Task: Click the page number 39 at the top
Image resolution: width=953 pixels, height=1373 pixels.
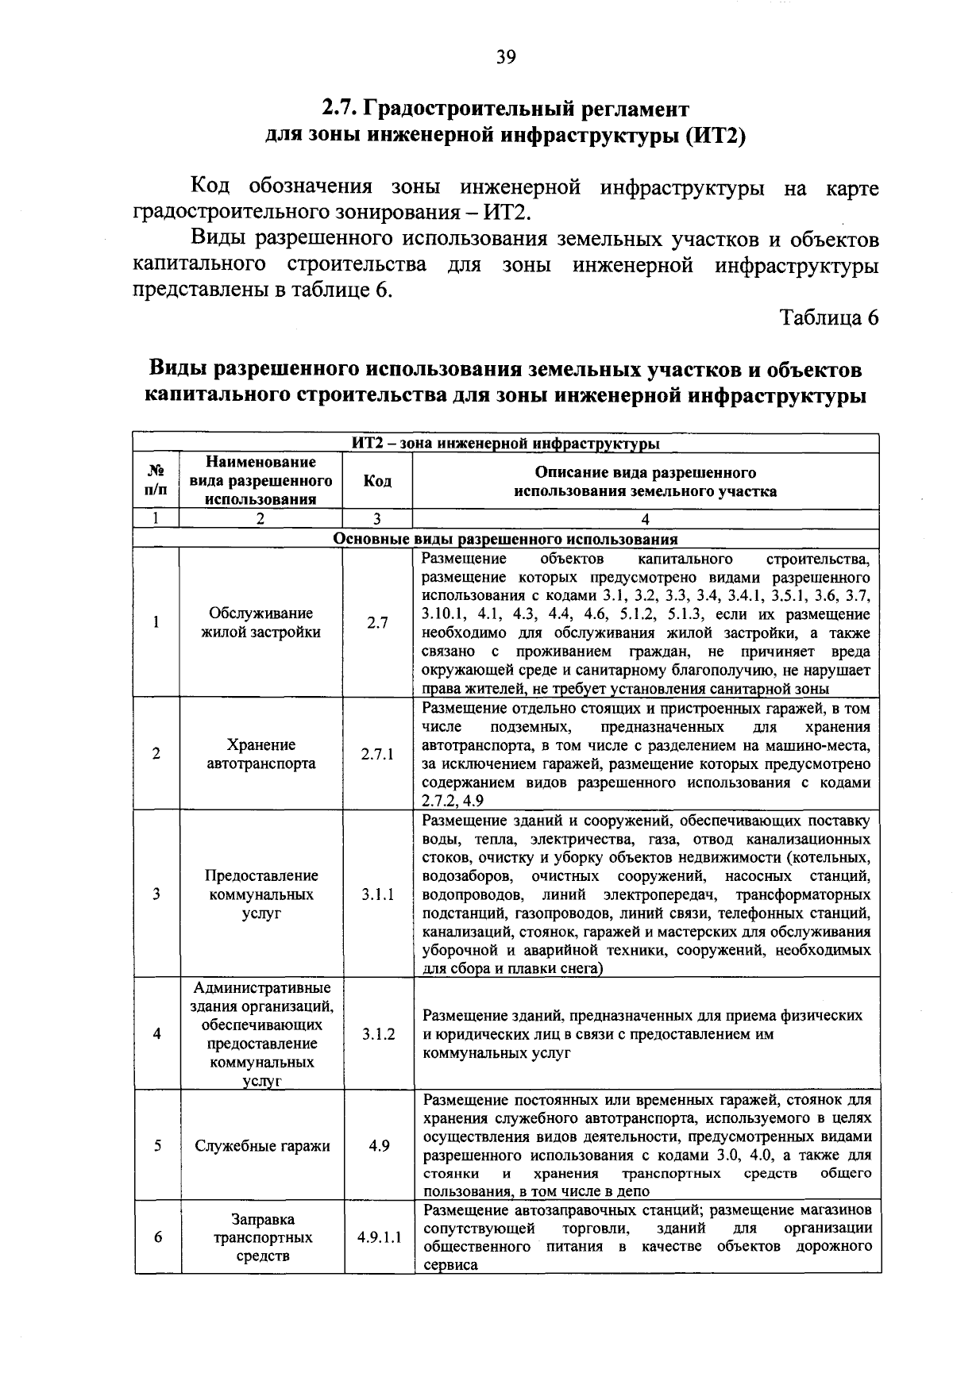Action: pos(506,57)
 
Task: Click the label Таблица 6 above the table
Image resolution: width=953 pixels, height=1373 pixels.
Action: pos(829,317)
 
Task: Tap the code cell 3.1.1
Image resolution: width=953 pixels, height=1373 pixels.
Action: pos(377,894)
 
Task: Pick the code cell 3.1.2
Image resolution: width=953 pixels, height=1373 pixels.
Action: pos(377,1034)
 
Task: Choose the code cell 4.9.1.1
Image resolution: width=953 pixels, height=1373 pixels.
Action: pos(378,1237)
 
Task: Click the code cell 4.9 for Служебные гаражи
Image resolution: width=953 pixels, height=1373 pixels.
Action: pos(378,1146)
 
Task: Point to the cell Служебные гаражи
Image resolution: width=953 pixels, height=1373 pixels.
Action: pos(262,1146)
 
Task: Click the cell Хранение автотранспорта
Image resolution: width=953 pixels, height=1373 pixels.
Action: pos(260,754)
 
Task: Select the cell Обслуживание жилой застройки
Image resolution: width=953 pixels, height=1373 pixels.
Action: pos(260,623)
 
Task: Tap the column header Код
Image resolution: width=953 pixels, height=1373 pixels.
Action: pos(377,481)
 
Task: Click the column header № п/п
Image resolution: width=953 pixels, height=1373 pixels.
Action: pos(156,481)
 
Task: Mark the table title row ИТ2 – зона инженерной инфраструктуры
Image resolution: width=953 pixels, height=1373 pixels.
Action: pos(505,444)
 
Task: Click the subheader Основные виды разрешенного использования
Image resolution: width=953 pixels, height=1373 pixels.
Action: pos(505,540)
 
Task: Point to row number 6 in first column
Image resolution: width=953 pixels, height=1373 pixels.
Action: pos(157,1237)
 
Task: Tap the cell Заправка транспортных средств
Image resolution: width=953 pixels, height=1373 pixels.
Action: pos(262,1237)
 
